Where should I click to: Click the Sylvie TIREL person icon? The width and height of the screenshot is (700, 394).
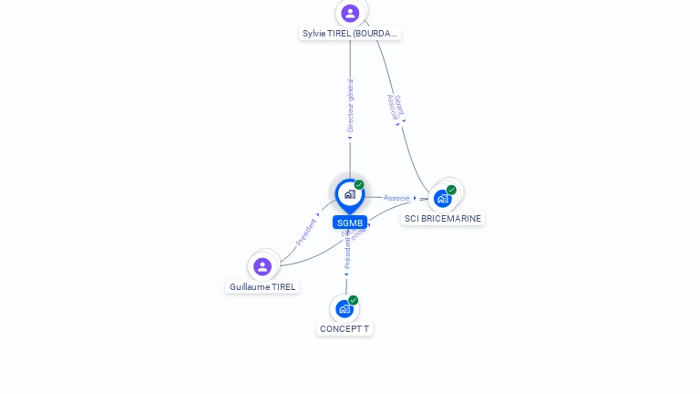click(350, 13)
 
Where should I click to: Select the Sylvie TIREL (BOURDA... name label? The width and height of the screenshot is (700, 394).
click(350, 34)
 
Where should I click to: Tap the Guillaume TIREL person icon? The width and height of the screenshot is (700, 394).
click(262, 266)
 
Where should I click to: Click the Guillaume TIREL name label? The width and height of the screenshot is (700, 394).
click(262, 286)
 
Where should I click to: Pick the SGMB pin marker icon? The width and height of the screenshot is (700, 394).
click(349, 194)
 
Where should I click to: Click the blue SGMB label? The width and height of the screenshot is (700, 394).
click(349, 223)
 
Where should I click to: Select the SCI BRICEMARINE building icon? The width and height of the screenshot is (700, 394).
click(443, 198)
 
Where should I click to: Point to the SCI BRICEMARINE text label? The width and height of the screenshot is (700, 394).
click(443, 219)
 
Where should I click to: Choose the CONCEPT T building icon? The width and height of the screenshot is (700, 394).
click(345, 308)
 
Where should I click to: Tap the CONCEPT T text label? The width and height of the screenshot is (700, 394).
click(345, 329)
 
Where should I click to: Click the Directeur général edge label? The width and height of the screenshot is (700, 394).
click(350, 106)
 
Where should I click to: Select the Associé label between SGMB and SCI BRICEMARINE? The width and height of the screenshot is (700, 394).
click(396, 198)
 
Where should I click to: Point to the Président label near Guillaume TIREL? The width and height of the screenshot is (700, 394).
click(306, 232)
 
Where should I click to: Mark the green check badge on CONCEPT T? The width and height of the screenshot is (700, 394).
click(354, 300)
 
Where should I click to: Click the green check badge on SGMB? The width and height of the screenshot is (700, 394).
click(359, 185)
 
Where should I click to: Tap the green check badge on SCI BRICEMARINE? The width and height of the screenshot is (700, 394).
click(451, 190)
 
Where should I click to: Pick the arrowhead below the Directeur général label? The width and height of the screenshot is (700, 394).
click(350, 139)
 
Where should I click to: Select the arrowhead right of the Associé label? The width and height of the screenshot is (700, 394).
click(415, 198)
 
